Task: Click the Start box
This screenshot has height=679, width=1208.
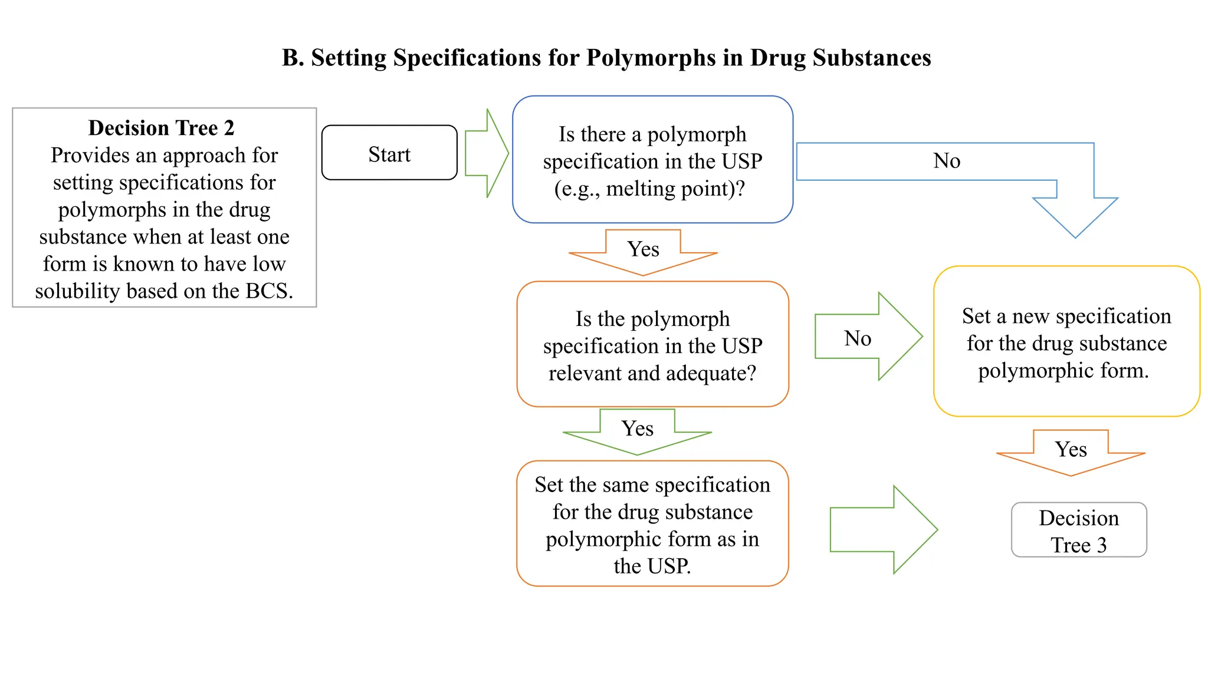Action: pos(389,153)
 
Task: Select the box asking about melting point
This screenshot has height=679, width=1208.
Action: pos(652,160)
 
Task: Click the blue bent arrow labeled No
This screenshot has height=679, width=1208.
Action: pos(947,161)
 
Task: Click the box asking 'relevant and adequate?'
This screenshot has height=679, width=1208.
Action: pos(652,345)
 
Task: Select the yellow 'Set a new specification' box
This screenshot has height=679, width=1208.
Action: pos(1066,342)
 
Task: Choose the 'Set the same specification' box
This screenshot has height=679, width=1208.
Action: pos(652,524)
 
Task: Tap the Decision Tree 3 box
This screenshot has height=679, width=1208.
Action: pos(1079,530)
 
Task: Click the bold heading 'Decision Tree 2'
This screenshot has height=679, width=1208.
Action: pos(161,128)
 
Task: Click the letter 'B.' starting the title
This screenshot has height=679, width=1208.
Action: pos(293,58)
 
